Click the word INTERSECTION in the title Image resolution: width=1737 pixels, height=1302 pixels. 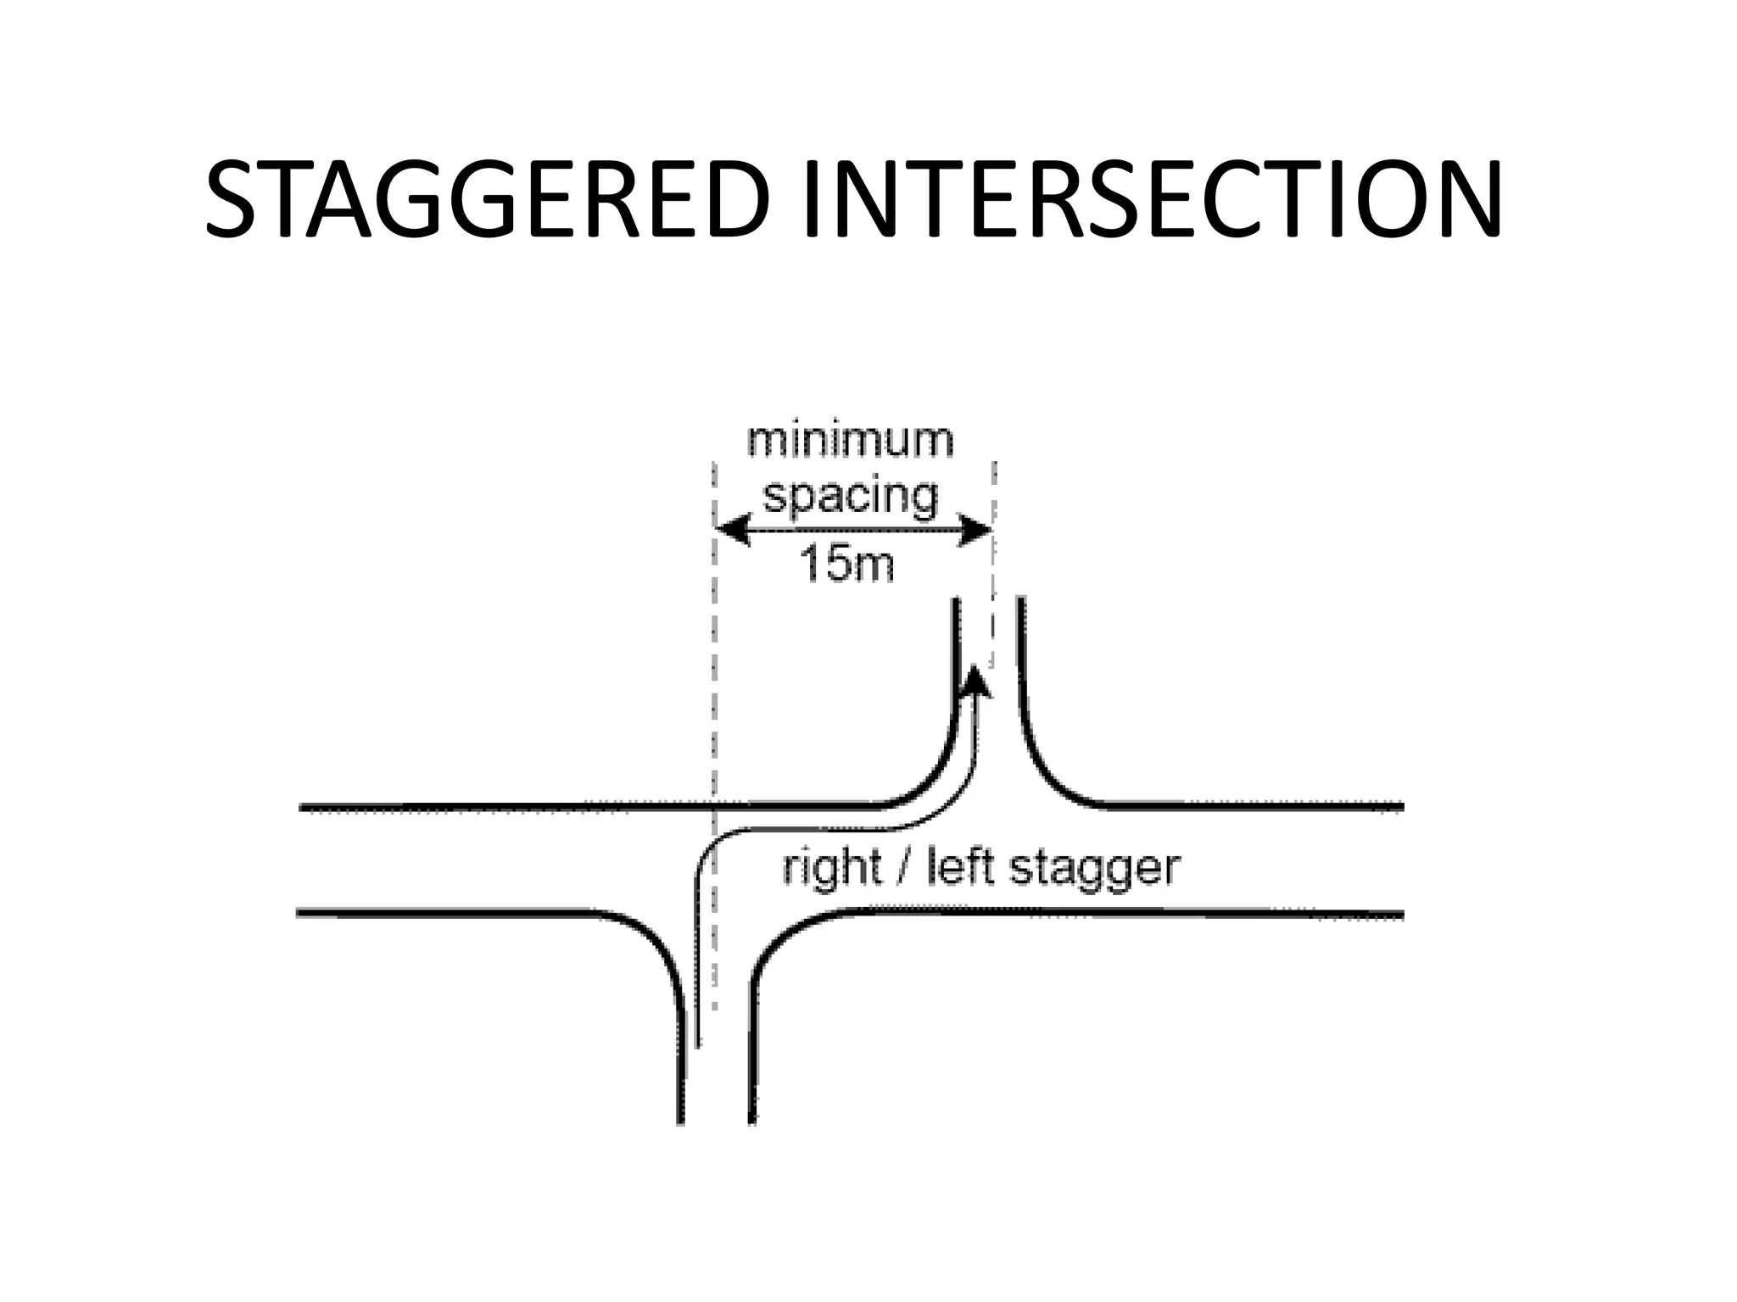1153,201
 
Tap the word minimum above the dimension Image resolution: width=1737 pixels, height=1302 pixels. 850,441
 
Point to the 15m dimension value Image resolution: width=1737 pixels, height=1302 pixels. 846,564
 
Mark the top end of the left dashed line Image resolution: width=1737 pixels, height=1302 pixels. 714,466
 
